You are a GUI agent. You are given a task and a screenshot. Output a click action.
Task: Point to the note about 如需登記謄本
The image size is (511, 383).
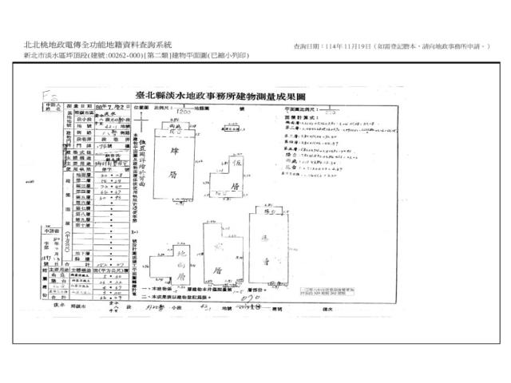[x=431, y=47]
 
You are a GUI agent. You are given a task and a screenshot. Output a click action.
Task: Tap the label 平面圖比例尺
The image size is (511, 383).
[x=303, y=105]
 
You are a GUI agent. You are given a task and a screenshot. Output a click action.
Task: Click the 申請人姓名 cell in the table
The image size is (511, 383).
[x=52, y=106]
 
